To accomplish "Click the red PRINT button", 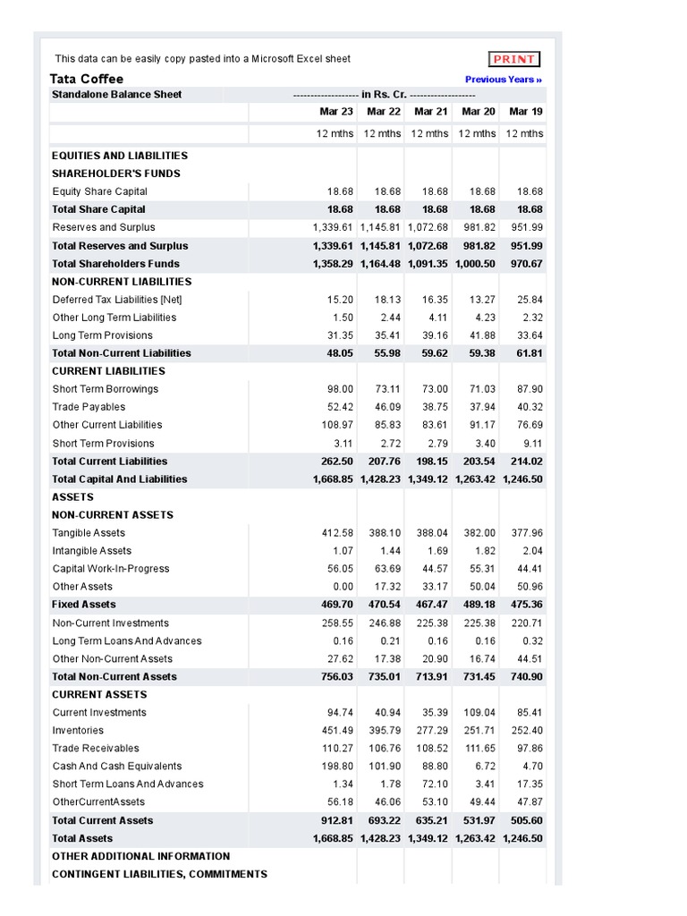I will coord(514,59).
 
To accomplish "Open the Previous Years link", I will coord(504,80).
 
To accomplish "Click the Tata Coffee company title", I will coord(87,79).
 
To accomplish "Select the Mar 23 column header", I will coord(336,112).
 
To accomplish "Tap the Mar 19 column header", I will coord(525,112).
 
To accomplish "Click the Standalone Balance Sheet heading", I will coord(116,94).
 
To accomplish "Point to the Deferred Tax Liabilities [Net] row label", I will coord(117,300).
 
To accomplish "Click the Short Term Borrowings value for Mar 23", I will coord(337,389).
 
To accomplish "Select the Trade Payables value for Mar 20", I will coord(479,407).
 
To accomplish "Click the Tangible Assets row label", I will coord(89,533).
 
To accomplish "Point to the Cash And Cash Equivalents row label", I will coord(116,767).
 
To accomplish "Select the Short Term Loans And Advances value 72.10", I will coord(431,785).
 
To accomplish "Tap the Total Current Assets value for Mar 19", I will coord(525,820).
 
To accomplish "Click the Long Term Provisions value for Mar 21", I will coord(431,335).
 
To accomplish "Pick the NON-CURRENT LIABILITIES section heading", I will coord(122,282).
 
